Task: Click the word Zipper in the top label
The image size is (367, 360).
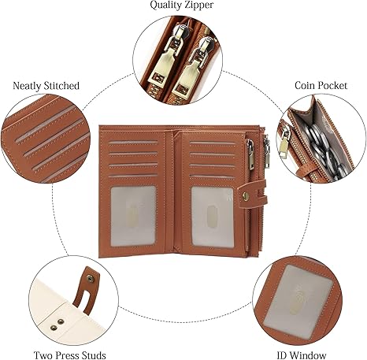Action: [198, 6]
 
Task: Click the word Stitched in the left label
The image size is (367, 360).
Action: [61, 86]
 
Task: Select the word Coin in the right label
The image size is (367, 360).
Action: [304, 85]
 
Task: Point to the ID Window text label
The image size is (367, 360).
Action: [302, 355]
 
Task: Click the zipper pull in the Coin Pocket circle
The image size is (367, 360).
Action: [284, 142]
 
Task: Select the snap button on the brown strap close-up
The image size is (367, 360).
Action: [91, 279]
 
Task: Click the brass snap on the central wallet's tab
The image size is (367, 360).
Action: [246, 195]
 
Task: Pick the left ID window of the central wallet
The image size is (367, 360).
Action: [133, 216]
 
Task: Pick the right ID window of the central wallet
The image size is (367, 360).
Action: [212, 217]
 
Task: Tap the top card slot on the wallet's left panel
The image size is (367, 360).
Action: [133, 143]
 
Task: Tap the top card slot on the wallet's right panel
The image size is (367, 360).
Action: [213, 143]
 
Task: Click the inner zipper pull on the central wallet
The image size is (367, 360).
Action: [250, 155]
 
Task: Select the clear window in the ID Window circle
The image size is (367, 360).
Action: [298, 300]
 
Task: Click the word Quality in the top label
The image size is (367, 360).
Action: [165, 6]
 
